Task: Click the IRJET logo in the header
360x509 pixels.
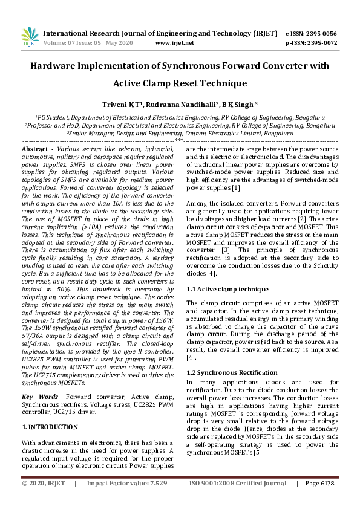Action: click(x=30, y=37)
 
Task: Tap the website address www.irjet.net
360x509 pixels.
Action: click(x=174, y=43)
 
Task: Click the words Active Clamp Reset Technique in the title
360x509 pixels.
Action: click(x=180, y=83)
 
